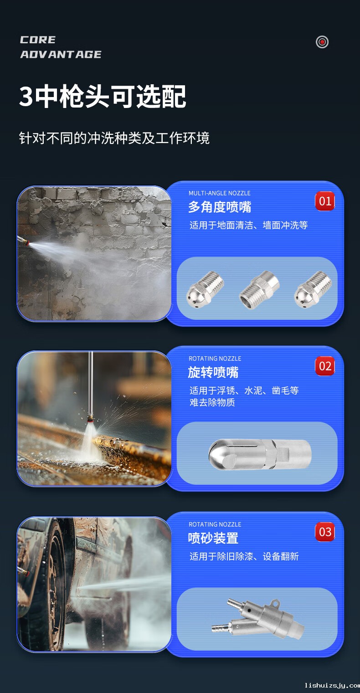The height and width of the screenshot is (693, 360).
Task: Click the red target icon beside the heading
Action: pyautogui.click(x=322, y=42)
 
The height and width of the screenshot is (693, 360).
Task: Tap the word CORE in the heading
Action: pyautogui.click(x=38, y=40)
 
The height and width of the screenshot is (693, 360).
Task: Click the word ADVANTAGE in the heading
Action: pyautogui.click(x=61, y=55)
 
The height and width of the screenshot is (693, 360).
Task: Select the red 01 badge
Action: pyautogui.click(x=325, y=201)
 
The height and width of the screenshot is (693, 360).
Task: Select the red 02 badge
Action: pyautogui.click(x=325, y=366)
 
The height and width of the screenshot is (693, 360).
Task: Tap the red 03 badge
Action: pyautogui.click(x=325, y=532)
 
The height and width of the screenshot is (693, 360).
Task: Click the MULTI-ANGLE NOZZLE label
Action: pyautogui.click(x=220, y=193)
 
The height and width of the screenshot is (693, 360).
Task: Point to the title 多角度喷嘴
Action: pyautogui.click(x=220, y=207)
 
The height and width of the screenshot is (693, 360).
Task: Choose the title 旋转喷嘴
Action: pyautogui.click(x=213, y=372)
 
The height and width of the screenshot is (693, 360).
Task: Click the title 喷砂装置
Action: pyautogui.click(x=213, y=538)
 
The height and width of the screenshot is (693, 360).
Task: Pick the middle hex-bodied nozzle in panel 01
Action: pyautogui.click(x=259, y=290)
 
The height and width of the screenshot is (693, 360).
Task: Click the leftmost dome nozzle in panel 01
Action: pyautogui.click(x=205, y=290)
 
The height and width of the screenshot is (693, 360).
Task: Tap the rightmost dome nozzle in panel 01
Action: pyautogui.click(x=313, y=290)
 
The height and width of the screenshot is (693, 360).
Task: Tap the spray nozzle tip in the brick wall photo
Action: pyautogui.click(x=23, y=241)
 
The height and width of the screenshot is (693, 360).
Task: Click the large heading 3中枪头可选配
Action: pyautogui.click(x=103, y=96)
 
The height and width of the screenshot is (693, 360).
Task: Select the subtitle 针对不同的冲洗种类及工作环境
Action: pyautogui.click(x=114, y=138)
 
